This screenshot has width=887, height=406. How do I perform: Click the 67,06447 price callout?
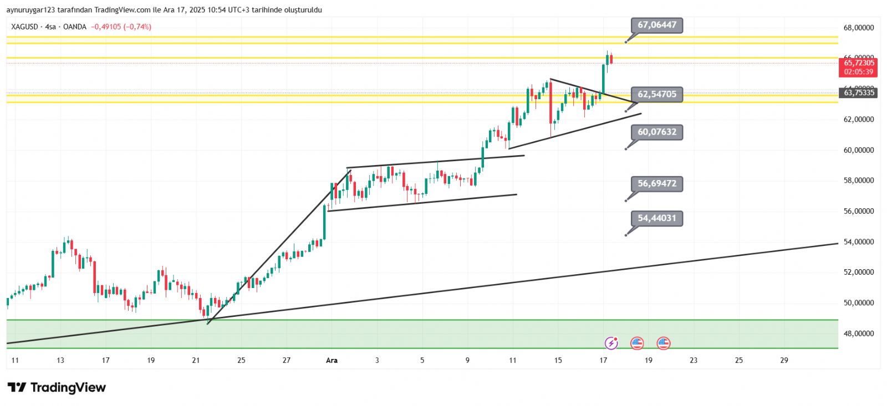(x=656, y=25)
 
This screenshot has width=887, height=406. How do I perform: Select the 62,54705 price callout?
(x=656, y=95)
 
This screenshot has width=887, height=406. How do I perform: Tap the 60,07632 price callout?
(x=656, y=132)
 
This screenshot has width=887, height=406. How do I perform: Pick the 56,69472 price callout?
(x=656, y=184)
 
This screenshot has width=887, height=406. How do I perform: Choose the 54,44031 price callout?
(x=656, y=218)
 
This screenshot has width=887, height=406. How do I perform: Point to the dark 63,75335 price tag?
(x=858, y=92)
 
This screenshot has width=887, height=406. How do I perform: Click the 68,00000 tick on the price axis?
(x=858, y=28)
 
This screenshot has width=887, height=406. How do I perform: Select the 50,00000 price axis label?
(x=858, y=303)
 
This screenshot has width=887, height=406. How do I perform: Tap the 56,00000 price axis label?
(x=858, y=211)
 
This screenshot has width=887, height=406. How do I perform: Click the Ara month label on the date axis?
(x=332, y=361)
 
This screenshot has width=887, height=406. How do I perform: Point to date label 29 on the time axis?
(x=784, y=361)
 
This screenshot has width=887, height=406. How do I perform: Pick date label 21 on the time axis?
(x=196, y=361)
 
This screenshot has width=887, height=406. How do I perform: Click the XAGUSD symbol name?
(x=24, y=27)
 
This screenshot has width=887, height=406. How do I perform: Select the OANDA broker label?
(x=74, y=27)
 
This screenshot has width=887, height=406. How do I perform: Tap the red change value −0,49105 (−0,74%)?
(x=121, y=27)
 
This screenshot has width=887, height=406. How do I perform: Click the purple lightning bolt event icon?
(x=611, y=343)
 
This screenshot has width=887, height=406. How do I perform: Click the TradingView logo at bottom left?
(x=57, y=388)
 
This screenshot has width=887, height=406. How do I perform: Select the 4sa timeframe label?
(x=50, y=27)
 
